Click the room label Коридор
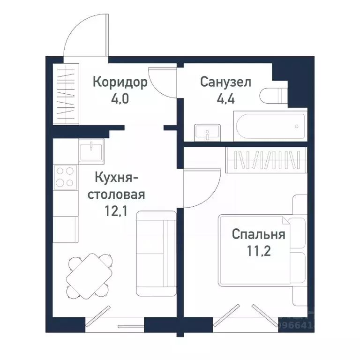[120, 82]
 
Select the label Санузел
[226, 82]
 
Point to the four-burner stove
[65, 177]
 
